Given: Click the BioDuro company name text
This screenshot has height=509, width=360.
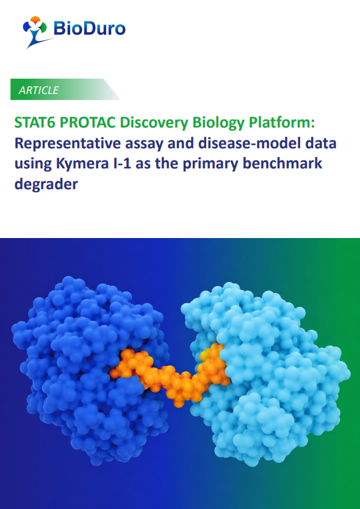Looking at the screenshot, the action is tap(89, 28).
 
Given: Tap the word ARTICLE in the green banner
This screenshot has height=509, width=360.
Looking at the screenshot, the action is tap(38, 90).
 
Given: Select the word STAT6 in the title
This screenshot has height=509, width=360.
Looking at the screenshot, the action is tap(35, 123).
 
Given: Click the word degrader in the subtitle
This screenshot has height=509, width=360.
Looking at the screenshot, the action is tap(46, 184).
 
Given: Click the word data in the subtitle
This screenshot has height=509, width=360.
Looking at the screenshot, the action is tap(318, 143).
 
